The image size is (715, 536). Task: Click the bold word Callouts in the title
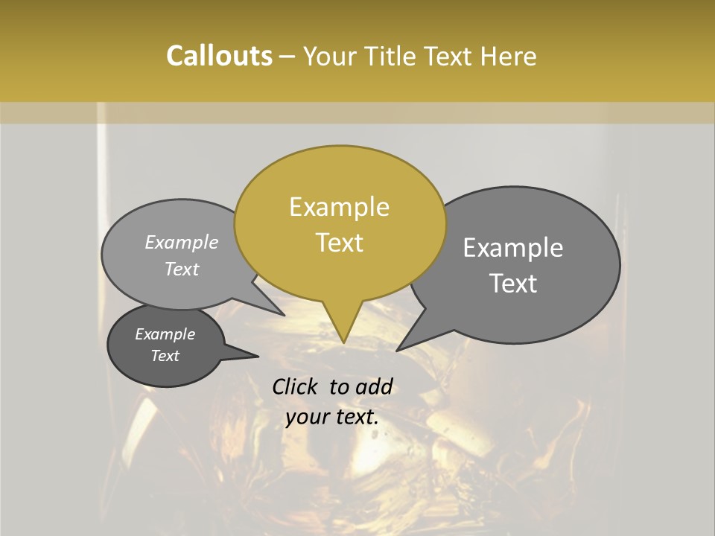coord(219,56)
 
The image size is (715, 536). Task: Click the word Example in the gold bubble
coord(339,207)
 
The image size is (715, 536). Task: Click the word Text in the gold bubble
coord(339,243)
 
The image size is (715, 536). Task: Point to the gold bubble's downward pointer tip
coord(343,342)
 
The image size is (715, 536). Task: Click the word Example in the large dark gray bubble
coord(513,248)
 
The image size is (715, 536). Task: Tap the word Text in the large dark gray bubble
coord(513,284)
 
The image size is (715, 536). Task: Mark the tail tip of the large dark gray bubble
coord(398,350)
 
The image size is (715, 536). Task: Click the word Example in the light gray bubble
coord(182,242)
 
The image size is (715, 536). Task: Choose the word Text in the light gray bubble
coord(182,269)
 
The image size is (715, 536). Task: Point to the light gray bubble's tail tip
coord(284,315)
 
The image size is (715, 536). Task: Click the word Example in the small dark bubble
coord(165,334)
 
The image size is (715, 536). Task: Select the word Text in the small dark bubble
coord(165,356)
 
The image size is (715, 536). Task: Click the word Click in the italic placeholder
coord(296,386)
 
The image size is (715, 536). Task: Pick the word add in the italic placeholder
coord(375,386)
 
